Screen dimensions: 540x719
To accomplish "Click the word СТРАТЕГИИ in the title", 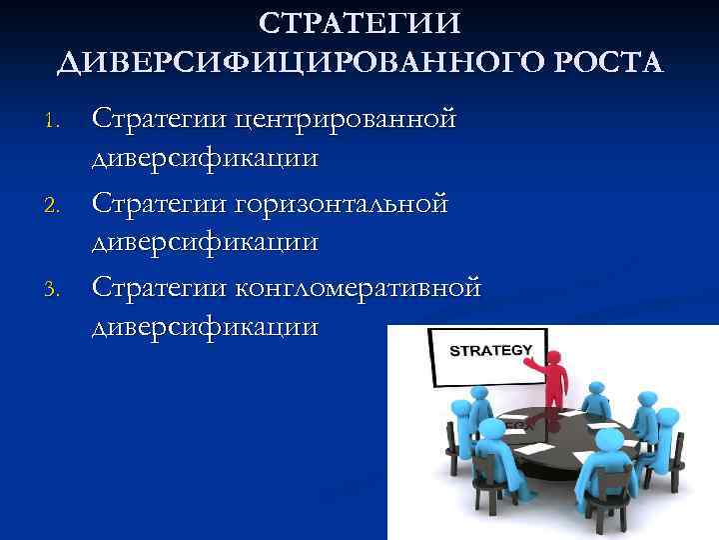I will (359, 22).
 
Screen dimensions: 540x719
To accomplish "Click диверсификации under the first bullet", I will (206, 157).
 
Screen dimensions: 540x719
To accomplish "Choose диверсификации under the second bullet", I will (206, 241).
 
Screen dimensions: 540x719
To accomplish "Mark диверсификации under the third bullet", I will (206, 326).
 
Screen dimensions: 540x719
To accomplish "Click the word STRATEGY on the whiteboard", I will (491, 351).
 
